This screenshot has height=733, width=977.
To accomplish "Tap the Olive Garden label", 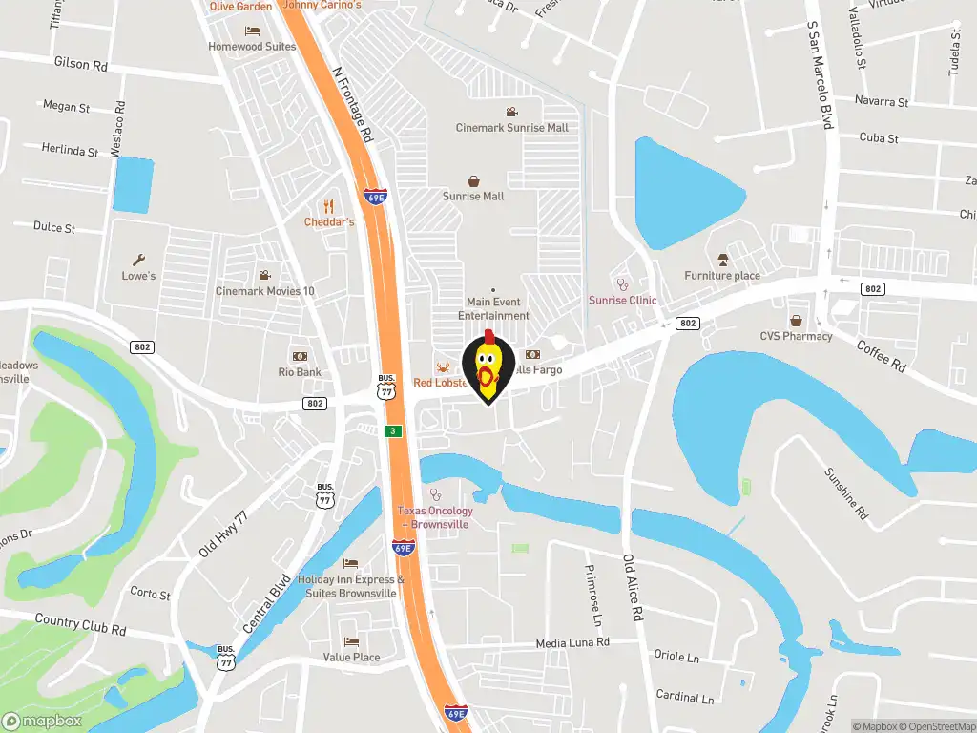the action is (240, 6).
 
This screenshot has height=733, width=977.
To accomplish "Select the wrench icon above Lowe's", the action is (138, 259).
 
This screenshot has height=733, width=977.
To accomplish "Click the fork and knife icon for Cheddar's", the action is (329, 205).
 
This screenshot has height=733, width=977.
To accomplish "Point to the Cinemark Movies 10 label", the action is (264, 291).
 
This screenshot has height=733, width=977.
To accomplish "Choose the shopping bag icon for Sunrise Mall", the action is (473, 180).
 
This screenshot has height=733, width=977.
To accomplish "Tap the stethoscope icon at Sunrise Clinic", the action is (623, 283).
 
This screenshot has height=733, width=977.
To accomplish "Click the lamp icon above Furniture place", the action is (722, 260).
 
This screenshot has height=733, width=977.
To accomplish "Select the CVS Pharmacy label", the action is (796, 336).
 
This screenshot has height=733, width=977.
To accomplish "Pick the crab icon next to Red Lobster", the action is (443, 367).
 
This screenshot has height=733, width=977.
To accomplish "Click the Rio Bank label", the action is (300, 372).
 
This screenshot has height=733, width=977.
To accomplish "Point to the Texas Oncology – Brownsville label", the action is (435, 517).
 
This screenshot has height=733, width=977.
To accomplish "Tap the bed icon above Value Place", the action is (351, 641).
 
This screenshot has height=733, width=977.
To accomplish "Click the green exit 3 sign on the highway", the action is (392, 431).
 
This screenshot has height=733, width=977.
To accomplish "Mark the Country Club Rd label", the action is (80, 625).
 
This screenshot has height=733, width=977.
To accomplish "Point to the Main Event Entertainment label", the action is (493, 308).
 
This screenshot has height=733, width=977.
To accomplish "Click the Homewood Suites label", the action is (252, 46).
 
